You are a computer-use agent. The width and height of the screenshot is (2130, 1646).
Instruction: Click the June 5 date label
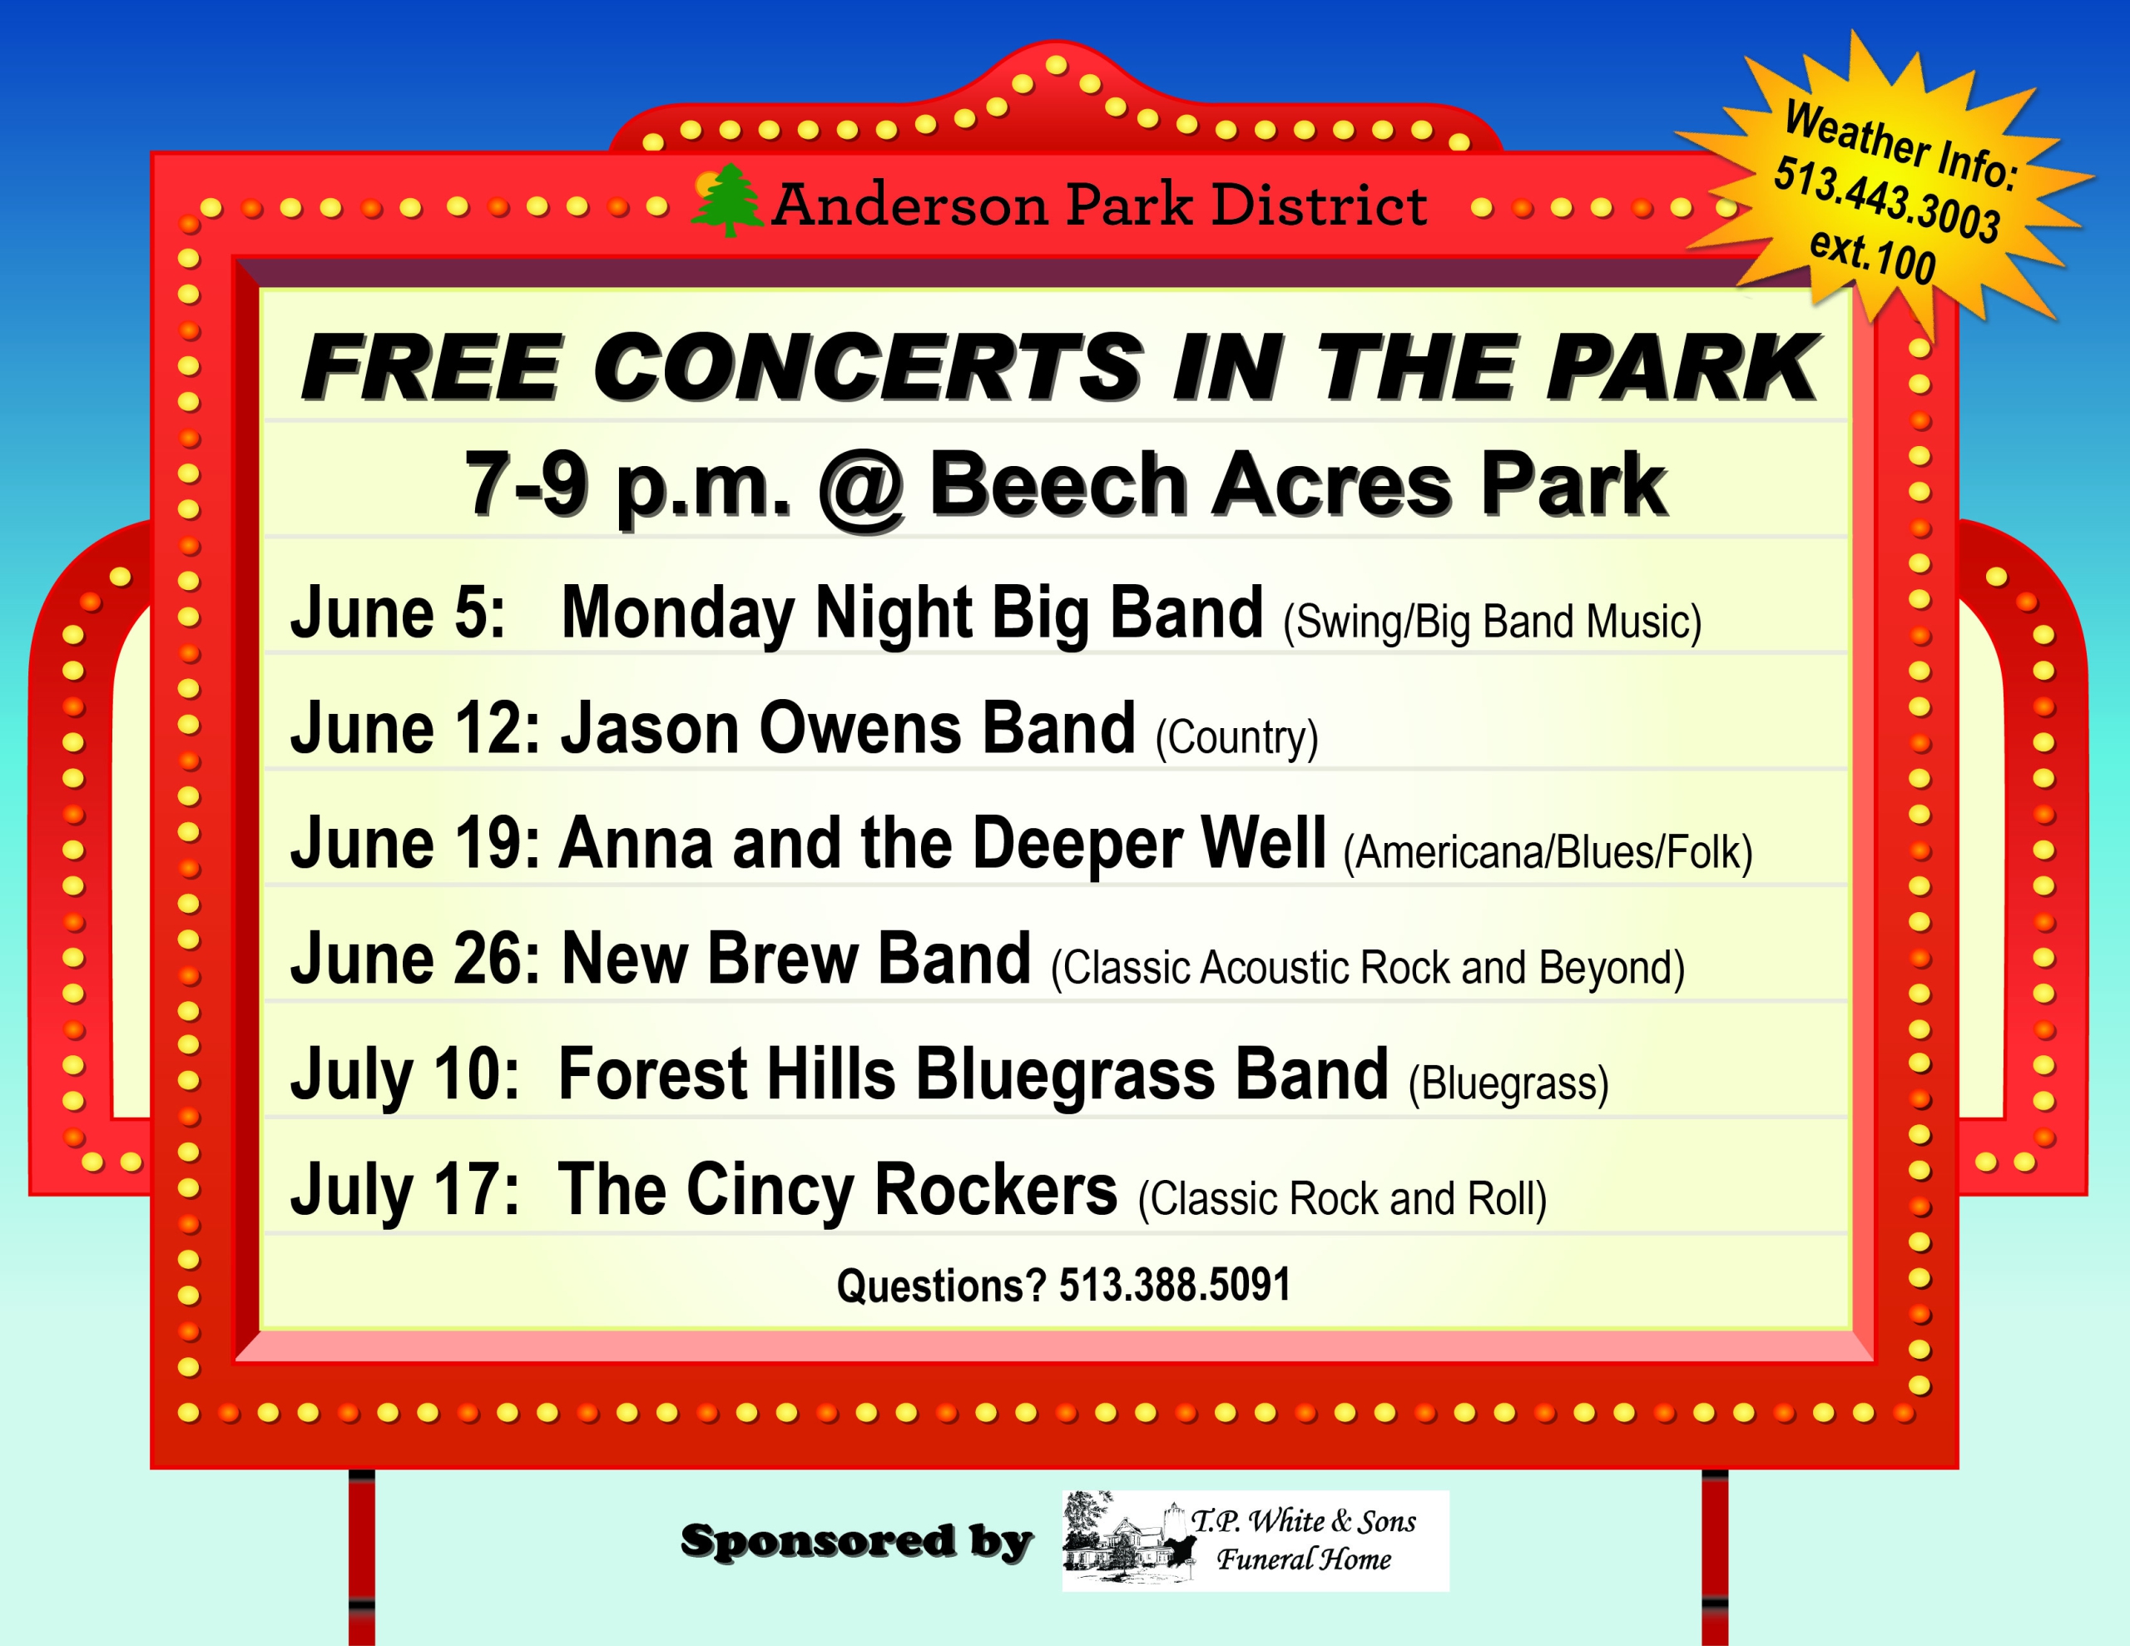[x=398, y=612]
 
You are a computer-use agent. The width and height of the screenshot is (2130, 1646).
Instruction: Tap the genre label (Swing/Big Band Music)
[x=1492, y=622]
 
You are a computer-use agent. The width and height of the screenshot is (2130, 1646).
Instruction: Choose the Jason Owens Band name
[x=848, y=728]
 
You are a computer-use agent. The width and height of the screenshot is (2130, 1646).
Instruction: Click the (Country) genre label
[x=1236, y=737]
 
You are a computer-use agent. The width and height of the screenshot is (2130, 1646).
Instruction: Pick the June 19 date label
[x=415, y=843]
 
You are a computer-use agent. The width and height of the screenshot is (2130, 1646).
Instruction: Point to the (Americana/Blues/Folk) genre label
[x=1548, y=853]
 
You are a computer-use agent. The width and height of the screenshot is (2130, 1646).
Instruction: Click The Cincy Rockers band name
[x=838, y=1189]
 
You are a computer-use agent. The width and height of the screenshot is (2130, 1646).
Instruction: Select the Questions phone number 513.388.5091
[x=1174, y=1285]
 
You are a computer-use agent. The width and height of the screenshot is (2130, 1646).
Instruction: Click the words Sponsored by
[x=856, y=1542]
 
